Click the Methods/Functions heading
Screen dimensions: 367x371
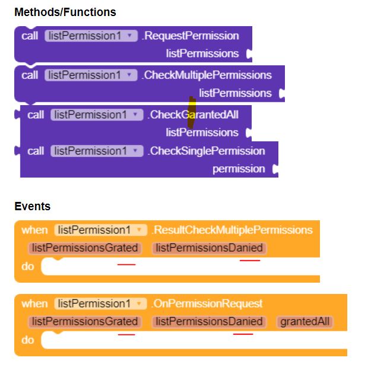(65, 12)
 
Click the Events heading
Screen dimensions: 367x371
(32, 207)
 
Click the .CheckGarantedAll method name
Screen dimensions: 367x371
(194, 115)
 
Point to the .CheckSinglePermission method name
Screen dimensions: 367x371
(207, 151)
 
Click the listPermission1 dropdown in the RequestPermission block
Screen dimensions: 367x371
(91, 36)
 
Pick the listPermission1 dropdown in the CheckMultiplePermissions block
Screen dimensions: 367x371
(91, 75)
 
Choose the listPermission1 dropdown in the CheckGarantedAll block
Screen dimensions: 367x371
(97, 115)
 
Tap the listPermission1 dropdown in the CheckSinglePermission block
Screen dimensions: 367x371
(97, 151)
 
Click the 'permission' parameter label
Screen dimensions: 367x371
(239, 169)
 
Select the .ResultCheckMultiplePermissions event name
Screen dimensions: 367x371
(232, 230)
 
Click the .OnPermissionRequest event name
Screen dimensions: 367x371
(207, 303)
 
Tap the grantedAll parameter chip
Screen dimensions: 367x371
(305, 321)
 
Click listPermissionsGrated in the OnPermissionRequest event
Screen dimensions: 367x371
(84, 321)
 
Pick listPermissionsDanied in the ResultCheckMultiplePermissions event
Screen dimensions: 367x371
(209, 248)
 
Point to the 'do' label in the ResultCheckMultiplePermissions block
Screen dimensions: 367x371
(28, 266)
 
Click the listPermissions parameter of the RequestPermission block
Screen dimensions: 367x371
(202, 53)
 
